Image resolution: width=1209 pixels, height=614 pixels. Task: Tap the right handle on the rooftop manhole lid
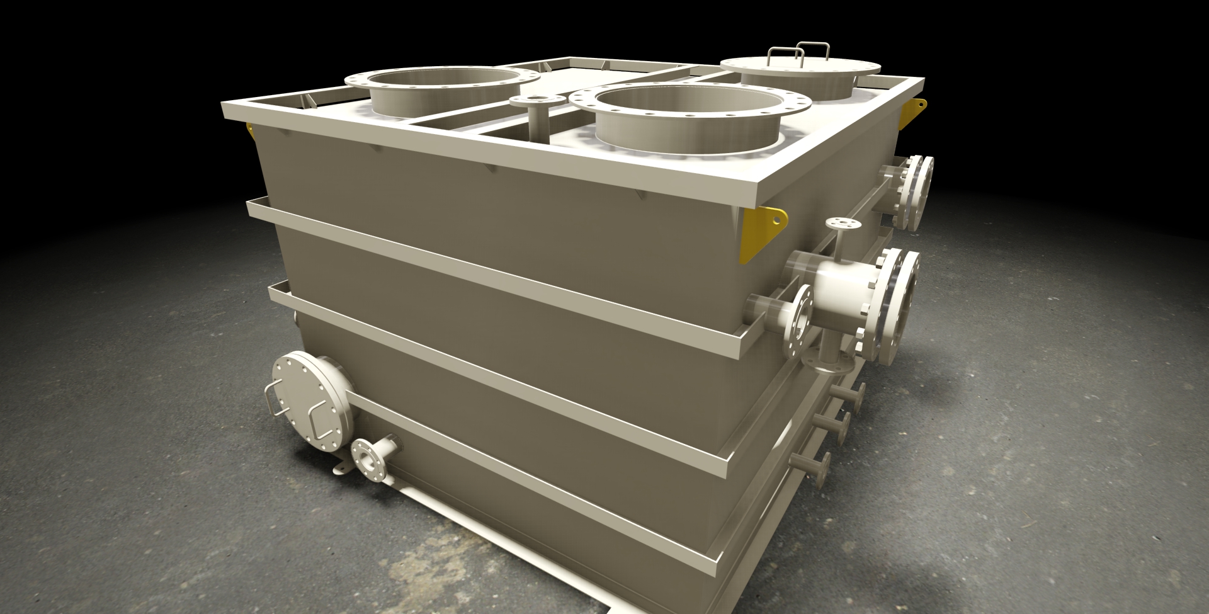tap(813, 48)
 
